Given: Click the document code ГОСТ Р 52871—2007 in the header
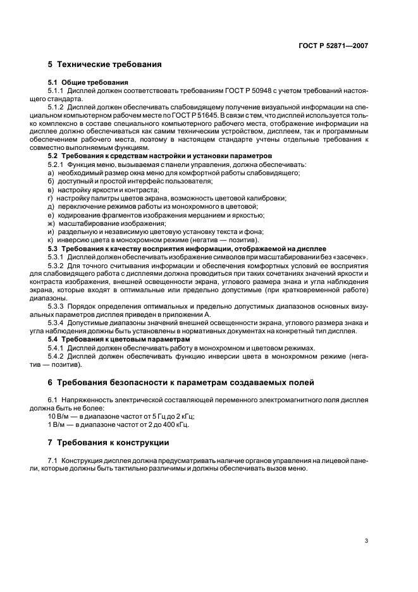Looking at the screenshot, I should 333,46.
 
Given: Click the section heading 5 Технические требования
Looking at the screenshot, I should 104,65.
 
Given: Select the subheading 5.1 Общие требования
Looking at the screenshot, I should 88,82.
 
